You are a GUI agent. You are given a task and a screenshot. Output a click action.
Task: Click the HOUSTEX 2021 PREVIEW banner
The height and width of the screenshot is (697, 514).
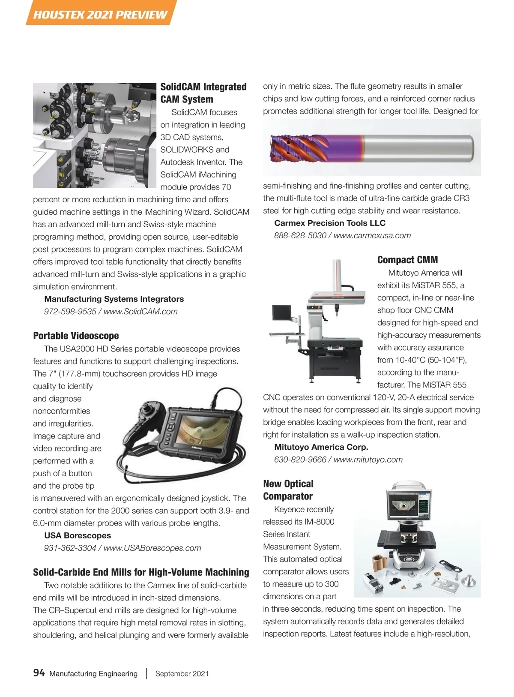point(100,14)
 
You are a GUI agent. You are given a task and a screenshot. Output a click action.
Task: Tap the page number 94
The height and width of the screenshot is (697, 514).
point(39,673)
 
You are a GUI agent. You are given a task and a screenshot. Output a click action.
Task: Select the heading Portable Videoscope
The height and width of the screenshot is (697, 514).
point(76,336)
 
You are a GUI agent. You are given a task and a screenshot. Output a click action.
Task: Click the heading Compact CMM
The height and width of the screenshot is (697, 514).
point(407,260)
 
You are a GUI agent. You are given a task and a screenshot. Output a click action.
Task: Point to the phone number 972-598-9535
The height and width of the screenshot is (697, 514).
point(70,312)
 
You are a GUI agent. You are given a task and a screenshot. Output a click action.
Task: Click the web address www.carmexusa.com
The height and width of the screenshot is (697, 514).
point(372,235)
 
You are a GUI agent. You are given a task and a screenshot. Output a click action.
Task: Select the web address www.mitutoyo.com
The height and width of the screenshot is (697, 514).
point(368,460)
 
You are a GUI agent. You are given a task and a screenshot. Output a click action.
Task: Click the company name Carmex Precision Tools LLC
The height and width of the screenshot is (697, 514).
point(330,223)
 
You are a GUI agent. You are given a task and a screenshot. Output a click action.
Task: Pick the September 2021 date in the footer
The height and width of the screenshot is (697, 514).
point(182,673)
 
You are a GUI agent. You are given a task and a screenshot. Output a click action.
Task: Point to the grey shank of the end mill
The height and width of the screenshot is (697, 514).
point(418,147)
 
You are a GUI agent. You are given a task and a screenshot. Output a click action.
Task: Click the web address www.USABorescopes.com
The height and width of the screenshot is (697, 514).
point(152,548)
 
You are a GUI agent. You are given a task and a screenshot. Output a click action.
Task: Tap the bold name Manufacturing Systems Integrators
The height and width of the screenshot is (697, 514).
point(114,299)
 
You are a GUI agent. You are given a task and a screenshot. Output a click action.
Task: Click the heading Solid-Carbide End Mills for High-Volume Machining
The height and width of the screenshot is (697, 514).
point(141,572)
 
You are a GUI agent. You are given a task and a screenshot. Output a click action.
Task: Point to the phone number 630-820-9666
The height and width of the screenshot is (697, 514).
point(300,460)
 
